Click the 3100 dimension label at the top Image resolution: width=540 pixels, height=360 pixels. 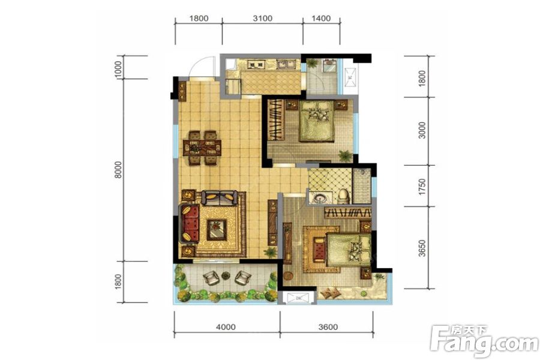pyautogui.click(x=262, y=19)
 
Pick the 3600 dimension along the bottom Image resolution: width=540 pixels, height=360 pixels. pyautogui.click(x=329, y=327)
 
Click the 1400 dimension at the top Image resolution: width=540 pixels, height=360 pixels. pyautogui.click(x=322, y=19)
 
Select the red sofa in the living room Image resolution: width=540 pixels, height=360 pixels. pyautogui.click(x=190, y=221)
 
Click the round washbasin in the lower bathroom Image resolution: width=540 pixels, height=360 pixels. pyautogui.click(x=319, y=197)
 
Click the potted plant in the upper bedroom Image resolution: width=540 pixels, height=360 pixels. pyautogui.click(x=344, y=155)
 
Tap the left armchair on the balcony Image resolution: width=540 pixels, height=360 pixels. pyautogui.click(x=212, y=278)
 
